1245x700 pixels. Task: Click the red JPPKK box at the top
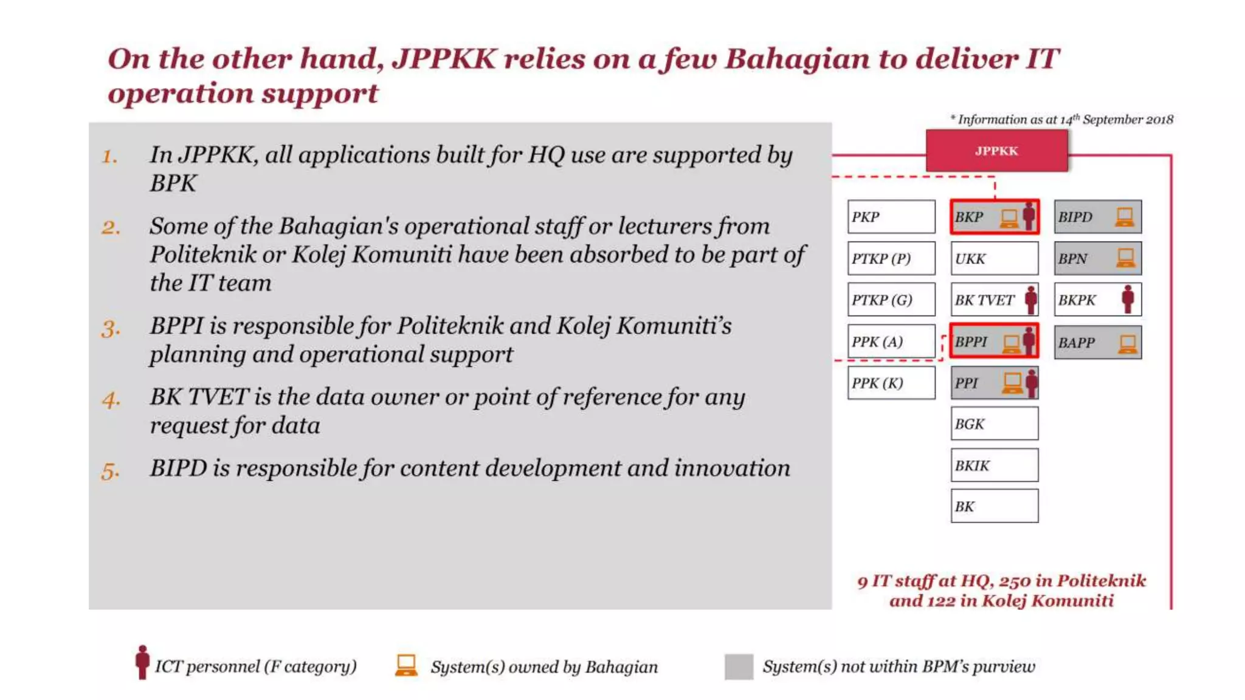pos(996,151)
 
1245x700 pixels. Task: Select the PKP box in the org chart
pos(891,217)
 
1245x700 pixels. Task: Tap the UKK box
pos(995,258)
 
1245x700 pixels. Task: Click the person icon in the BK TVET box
pos(1031,299)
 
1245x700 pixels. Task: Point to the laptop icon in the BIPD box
pos(1125,217)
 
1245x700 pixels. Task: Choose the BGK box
pos(995,424)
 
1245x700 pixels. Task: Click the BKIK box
pos(995,465)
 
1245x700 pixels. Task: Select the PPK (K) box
pos(891,383)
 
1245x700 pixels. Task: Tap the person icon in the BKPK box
pos(1128,299)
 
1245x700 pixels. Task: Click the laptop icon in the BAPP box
pos(1128,344)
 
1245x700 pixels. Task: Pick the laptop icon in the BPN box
pos(1125,258)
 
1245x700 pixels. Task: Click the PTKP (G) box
pos(891,300)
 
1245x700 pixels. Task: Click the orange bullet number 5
pos(110,472)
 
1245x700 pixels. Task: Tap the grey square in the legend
pos(739,667)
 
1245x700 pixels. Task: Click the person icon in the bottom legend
pos(142,662)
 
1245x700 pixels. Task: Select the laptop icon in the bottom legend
pos(406,665)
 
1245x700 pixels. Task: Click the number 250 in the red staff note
pos(1015,581)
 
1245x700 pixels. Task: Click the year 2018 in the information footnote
pos(1159,120)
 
